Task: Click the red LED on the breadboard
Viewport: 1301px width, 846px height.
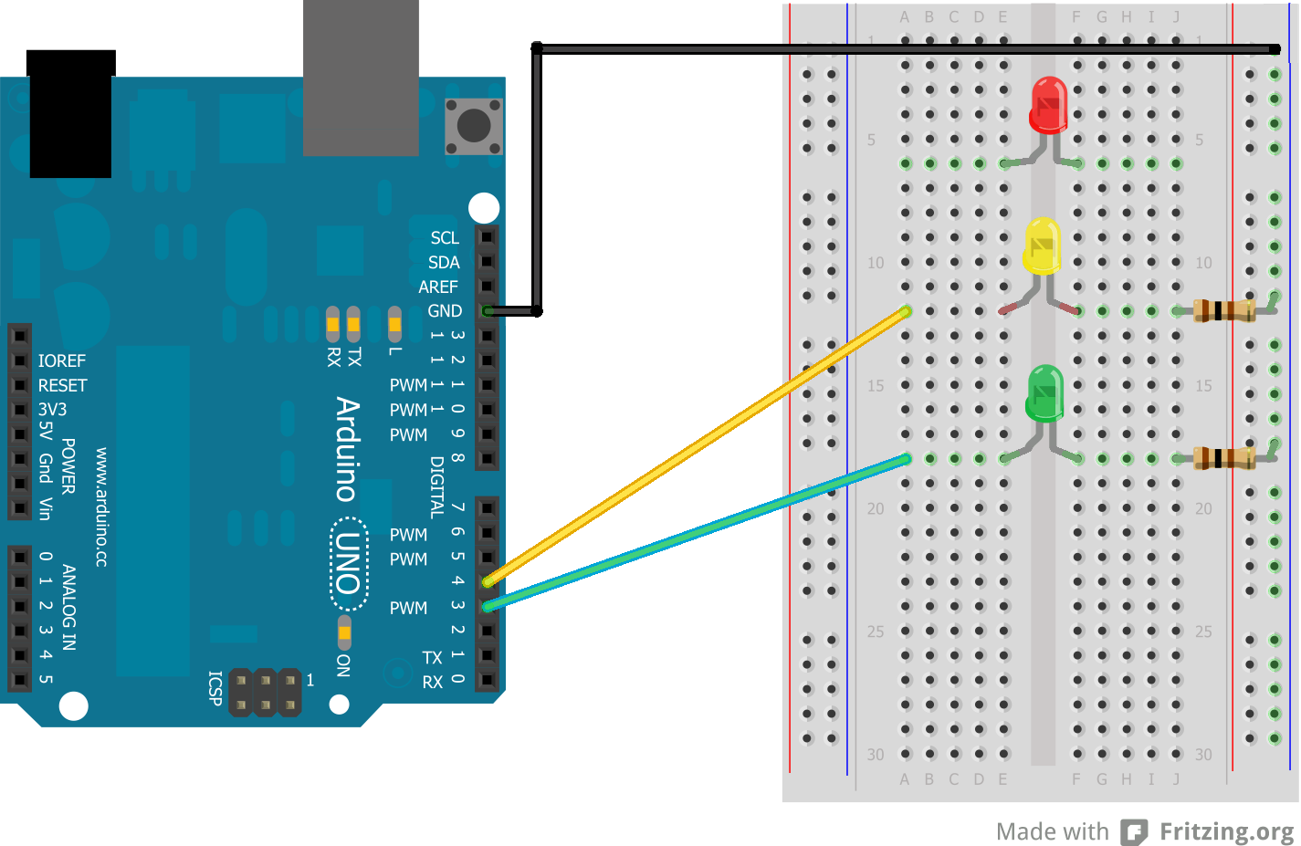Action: [1048, 105]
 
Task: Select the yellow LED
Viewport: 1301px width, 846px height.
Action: [1042, 246]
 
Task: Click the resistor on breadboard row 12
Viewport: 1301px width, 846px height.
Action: [1223, 311]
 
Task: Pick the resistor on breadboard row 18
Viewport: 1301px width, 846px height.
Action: [1223, 458]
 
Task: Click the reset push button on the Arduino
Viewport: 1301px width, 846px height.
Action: [474, 125]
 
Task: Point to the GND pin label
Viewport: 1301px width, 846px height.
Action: [445, 311]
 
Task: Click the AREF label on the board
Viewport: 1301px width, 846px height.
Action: [438, 287]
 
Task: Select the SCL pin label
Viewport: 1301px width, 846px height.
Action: [445, 238]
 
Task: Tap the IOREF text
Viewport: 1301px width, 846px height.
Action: [62, 361]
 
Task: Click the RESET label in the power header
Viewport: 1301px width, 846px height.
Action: [62, 385]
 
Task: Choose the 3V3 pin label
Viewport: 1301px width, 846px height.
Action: [52, 409]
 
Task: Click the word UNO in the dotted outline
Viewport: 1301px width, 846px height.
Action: [349, 563]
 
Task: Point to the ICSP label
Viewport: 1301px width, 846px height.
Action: [215, 689]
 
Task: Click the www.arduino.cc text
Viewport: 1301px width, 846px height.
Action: [101, 507]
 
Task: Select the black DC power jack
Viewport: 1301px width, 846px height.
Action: [70, 114]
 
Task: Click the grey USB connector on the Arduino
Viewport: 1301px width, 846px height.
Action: [361, 78]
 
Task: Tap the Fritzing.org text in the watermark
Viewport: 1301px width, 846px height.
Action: [1226, 831]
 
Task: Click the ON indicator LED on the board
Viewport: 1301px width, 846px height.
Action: [344, 632]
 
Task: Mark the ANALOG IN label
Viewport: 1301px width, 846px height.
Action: [69, 607]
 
